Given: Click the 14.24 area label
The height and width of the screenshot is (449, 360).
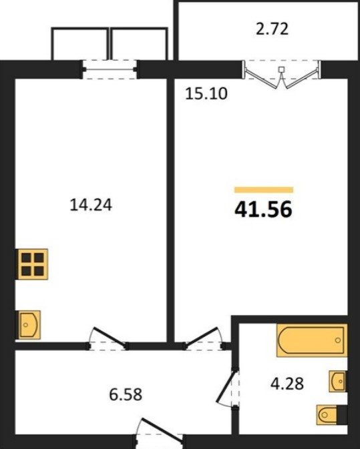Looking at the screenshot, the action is (91, 205).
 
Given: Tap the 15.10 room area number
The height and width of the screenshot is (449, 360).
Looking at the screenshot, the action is (206, 93).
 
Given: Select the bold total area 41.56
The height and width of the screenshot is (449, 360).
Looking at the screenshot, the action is (263, 209).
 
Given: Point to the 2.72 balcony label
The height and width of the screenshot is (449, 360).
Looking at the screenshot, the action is (272, 29).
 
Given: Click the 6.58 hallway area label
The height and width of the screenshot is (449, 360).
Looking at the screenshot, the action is (126, 394).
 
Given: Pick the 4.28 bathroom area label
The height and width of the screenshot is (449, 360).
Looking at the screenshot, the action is (287, 384).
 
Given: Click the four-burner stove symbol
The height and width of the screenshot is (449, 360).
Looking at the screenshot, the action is (32, 264).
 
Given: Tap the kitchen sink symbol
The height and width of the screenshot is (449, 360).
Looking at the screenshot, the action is (29, 325).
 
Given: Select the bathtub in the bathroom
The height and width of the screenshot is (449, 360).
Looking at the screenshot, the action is (312, 340).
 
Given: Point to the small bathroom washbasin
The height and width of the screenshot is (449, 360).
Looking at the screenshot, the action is (338, 381).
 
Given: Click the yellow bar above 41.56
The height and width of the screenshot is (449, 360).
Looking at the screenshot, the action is (264, 190).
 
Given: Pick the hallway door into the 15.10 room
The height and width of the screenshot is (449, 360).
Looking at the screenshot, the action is (204, 338).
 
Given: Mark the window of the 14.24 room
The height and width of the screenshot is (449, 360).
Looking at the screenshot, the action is (110, 69).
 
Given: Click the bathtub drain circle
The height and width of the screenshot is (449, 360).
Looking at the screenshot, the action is (338, 340).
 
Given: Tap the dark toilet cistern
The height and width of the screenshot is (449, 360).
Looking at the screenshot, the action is (342, 414).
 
